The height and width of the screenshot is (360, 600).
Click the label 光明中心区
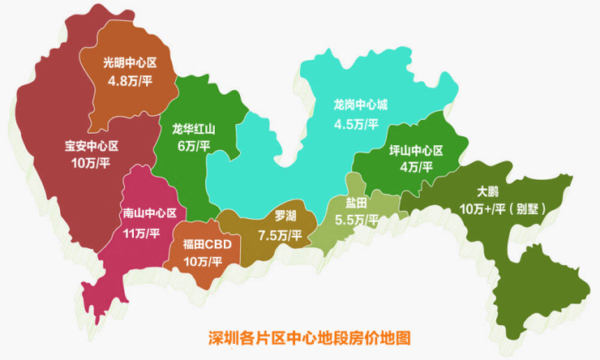coord(130,62)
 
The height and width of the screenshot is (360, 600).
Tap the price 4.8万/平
coord(130,80)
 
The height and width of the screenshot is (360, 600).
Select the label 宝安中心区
coord(92,147)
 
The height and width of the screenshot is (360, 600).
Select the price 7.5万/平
coord(280,235)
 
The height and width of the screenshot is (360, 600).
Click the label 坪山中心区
coord(416,150)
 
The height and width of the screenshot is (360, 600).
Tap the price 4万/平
coord(416,167)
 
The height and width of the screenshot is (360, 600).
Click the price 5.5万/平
coord(357,220)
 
